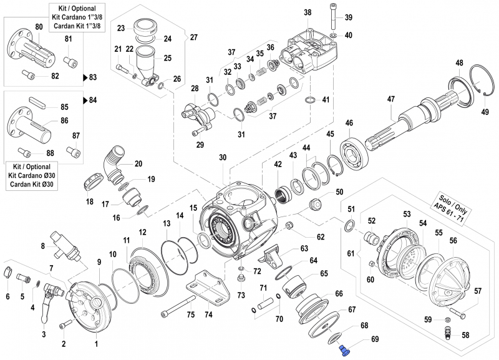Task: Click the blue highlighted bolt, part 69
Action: click(344, 341)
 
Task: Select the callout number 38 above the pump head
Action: click(307, 12)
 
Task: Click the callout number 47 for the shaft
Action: click(391, 99)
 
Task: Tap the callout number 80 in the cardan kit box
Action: click(39, 26)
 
